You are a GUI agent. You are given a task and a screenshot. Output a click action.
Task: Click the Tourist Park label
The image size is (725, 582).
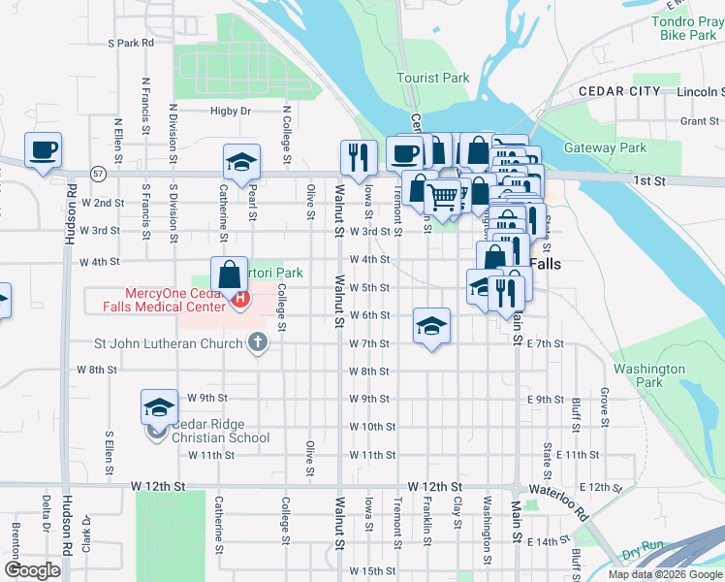(432, 78)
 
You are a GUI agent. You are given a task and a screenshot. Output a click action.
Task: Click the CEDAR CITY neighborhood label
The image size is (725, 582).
(619, 91)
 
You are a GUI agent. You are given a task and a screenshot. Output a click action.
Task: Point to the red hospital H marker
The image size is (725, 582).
(239, 301)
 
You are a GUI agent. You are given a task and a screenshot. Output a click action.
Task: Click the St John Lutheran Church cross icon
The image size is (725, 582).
(257, 341)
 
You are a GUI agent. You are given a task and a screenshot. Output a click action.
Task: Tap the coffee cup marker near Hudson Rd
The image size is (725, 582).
(44, 151)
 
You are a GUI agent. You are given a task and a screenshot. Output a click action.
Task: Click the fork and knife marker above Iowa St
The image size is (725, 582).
(359, 157)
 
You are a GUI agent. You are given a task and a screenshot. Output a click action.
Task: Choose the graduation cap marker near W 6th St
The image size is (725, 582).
(431, 325)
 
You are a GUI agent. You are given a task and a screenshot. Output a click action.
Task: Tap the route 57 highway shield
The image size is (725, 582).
(99, 173)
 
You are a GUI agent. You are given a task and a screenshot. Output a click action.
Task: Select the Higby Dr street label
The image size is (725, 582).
(231, 112)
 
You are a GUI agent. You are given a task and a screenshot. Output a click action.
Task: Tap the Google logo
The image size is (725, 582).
(33, 570)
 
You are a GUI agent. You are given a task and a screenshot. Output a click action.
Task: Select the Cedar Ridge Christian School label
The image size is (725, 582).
(221, 431)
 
